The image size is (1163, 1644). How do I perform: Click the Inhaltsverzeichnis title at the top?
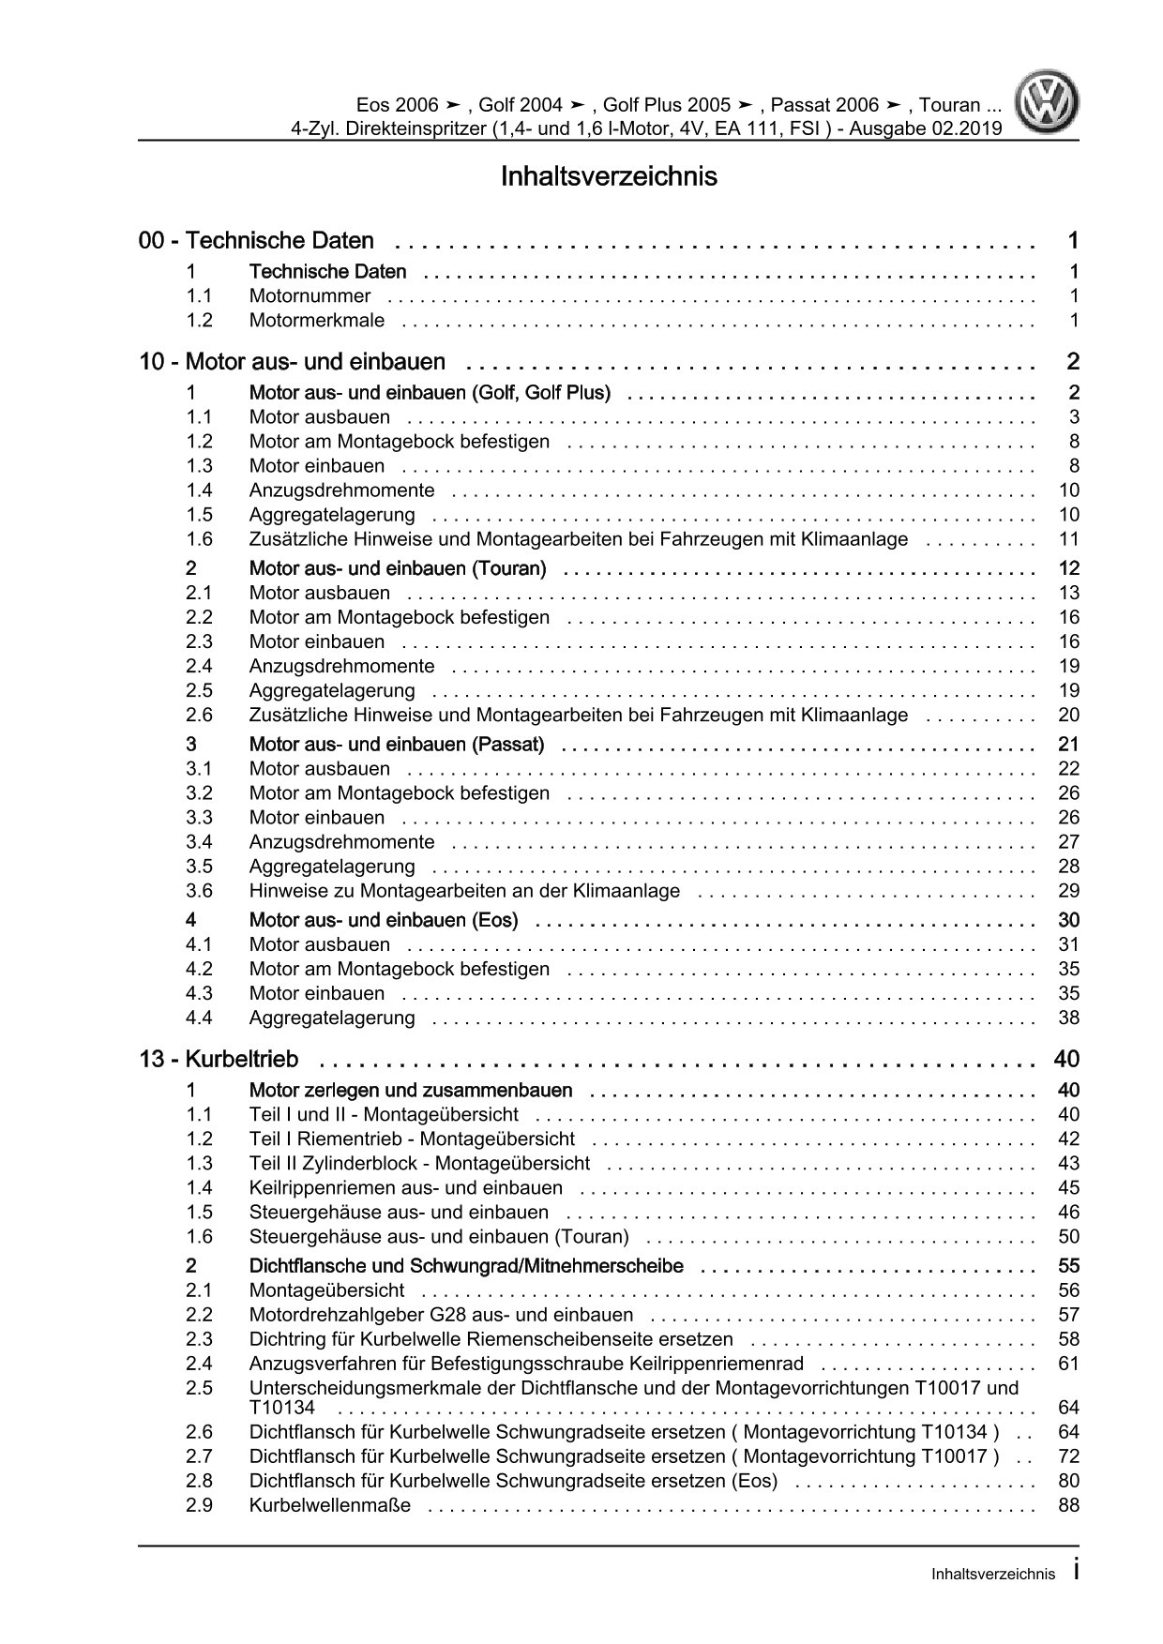[x=609, y=176]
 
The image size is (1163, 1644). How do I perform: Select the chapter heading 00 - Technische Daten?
[x=256, y=241]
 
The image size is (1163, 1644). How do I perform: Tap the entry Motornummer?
[x=310, y=296]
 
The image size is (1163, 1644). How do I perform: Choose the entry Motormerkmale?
[x=316, y=321]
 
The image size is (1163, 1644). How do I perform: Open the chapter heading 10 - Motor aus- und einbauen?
[x=292, y=362]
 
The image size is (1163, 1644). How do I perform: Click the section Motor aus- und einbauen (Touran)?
[x=397, y=568]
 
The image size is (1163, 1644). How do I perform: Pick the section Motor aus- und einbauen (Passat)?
[x=396, y=745]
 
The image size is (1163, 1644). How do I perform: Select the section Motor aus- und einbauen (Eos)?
[x=383, y=920]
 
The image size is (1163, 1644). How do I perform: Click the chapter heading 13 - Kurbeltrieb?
[x=219, y=1060]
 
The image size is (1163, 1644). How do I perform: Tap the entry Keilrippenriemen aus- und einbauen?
[x=405, y=1188]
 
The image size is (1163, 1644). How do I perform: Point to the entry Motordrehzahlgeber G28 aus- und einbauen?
[x=441, y=1315]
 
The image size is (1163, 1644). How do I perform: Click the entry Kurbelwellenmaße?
[x=329, y=1505]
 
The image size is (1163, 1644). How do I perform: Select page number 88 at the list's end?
[x=1068, y=1505]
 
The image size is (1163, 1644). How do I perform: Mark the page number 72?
[x=1068, y=1456]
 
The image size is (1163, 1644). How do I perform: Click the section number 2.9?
[x=199, y=1505]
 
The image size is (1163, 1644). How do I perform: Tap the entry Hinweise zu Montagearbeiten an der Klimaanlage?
[x=464, y=891]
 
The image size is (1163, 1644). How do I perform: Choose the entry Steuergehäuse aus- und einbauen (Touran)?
[x=439, y=1237]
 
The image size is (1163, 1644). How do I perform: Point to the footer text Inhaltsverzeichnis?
[x=992, y=1575]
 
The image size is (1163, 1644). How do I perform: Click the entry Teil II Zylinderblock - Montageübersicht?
[x=419, y=1164]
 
